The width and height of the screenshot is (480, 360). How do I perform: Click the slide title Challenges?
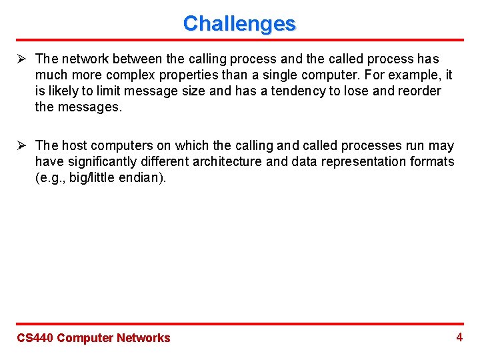(239, 23)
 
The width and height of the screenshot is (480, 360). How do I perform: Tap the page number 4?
(459, 337)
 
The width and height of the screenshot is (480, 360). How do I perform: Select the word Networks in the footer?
(143, 338)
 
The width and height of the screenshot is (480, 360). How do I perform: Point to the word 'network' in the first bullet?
(83, 59)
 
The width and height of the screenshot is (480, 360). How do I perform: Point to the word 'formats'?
(433, 161)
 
